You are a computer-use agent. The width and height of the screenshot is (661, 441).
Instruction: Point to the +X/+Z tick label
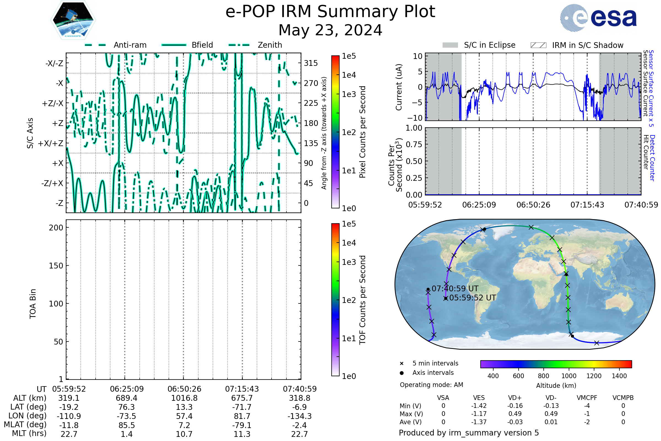pos(51,143)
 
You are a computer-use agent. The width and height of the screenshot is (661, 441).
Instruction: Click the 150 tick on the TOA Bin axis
pos(56,266)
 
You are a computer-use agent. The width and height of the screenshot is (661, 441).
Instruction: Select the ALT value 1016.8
pos(184,398)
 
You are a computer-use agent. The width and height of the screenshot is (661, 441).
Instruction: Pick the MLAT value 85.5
pos(127,425)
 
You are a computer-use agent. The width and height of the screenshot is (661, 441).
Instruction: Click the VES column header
pos(479,398)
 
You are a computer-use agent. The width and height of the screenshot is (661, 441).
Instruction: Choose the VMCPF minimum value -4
pos(587,406)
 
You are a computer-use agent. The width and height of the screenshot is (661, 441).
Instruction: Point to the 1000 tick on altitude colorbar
pos(569,376)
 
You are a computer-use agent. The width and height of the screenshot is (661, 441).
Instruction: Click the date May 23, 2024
pos(330,30)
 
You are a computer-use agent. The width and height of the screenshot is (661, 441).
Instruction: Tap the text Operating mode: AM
pos(431,385)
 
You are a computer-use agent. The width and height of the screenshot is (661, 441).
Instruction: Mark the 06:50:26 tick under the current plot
pos(533,205)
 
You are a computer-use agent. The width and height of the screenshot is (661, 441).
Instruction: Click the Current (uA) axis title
pos(399,87)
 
